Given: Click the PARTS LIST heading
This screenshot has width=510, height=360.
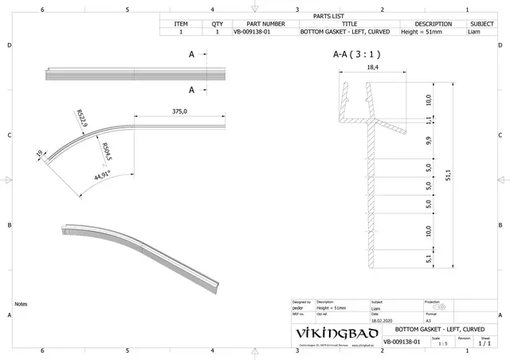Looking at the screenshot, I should pos(328,15).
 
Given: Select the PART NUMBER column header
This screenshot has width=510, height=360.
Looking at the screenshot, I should pos(259,24).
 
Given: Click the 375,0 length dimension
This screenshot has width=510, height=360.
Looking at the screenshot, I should pos(179,112).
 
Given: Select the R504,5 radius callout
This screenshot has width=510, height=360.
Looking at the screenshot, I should pos(106,150).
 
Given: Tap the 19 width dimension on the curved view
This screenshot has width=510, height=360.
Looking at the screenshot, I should pos(39,155).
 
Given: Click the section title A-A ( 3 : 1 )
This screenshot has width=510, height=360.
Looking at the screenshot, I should pos(356,56).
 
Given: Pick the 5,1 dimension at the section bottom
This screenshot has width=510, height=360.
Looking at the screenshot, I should pos(429,258).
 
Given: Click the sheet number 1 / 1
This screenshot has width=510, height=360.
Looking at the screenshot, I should pos(484,344).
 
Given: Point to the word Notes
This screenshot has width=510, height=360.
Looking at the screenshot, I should pos(22,304).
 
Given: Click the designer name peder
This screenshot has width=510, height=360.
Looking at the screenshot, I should pos(298,307).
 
